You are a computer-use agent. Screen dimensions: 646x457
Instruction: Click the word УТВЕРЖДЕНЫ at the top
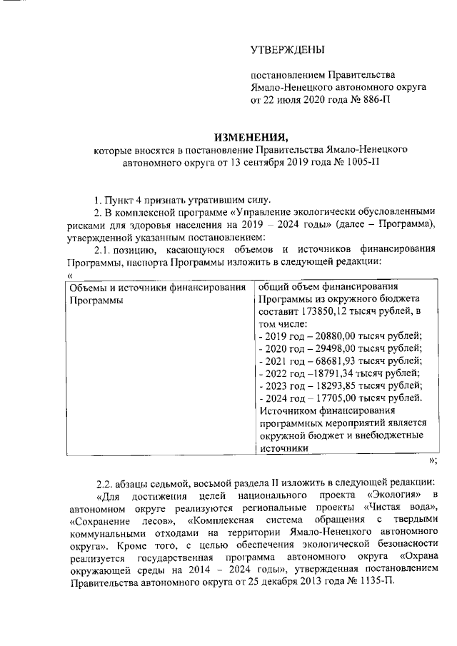coord(288,49)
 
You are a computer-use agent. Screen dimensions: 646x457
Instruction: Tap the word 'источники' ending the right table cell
coord(283,448)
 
